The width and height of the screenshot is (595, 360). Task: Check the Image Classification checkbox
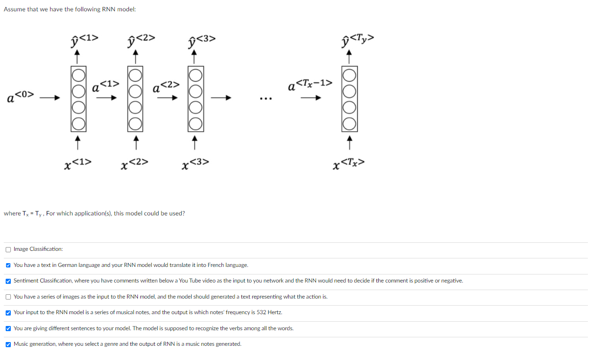tap(8, 249)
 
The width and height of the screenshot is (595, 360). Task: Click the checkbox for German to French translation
tap(8, 265)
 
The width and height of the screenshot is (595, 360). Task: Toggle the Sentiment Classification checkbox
tap(8, 281)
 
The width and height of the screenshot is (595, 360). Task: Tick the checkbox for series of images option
tap(8, 297)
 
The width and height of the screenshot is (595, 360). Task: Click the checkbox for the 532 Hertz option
tap(8, 312)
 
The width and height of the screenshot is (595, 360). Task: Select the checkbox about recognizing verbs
tap(8, 328)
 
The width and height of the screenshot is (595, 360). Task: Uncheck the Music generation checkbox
tap(8, 344)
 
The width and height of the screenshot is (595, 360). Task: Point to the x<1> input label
tap(78, 163)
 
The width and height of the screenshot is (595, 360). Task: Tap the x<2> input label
tap(135, 163)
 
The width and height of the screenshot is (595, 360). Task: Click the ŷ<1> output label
tap(84, 41)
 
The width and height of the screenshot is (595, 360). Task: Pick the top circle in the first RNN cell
tap(78, 75)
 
